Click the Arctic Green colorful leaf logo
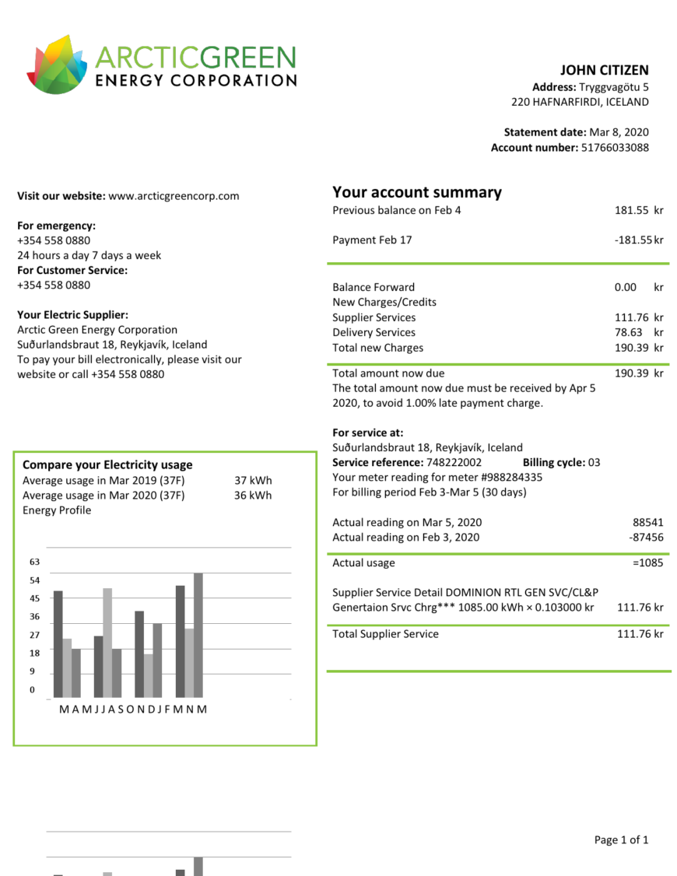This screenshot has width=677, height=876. click(x=59, y=65)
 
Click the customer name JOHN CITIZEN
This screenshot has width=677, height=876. click(x=604, y=71)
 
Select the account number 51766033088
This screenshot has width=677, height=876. click(x=615, y=148)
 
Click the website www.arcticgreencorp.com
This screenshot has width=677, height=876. click(x=174, y=196)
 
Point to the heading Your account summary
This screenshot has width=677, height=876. click(x=417, y=192)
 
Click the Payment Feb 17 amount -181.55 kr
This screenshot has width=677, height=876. click(x=638, y=240)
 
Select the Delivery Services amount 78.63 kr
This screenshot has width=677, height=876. click(x=638, y=333)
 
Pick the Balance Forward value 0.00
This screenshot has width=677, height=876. click(x=625, y=287)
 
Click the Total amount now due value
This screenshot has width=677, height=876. click(x=638, y=373)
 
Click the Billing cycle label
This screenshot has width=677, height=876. click(x=553, y=463)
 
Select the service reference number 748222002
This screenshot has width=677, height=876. click(x=454, y=463)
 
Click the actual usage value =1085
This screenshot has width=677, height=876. click(x=647, y=563)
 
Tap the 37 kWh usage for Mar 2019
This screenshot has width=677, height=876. click(x=253, y=481)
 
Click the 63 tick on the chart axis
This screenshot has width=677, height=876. click(x=35, y=562)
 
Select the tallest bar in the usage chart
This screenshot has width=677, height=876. click(x=198, y=635)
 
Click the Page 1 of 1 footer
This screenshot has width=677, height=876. click(x=621, y=840)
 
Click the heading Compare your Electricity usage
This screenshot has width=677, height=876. click(x=107, y=465)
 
